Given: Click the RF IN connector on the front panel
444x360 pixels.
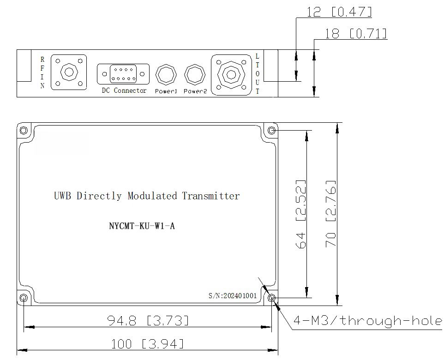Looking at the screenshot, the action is click(x=69, y=72).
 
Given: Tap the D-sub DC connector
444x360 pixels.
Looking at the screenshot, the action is click(x=123, y=74).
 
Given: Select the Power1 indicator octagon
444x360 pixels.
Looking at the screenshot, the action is click(x=166, y=75).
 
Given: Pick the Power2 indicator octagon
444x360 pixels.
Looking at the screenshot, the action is click(x=194, y=75).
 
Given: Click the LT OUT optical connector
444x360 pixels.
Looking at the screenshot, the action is click(x=231, y=75).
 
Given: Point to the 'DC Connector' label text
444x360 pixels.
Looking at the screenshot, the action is click(x=124, y=90).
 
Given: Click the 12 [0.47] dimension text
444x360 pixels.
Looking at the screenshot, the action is click(x=339, y=12).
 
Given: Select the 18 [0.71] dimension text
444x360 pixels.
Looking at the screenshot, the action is click(x=356, y=33).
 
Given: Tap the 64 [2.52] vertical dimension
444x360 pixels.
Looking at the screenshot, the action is click(x=301, y=214).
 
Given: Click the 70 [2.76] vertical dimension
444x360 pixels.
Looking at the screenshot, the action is click(x=331, y=214).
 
